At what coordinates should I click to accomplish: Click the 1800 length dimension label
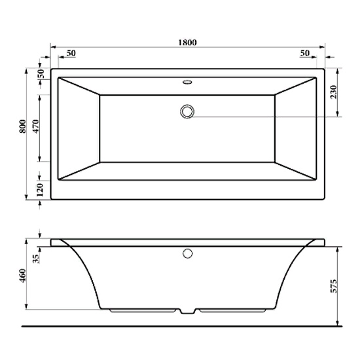(x=188, y=43)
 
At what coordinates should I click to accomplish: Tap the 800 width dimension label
(x=23, y=126)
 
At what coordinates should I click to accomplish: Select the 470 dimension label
(x=36, y=126)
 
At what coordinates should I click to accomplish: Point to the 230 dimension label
(x=333, y=92)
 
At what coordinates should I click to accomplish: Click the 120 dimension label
(x=40, y=190)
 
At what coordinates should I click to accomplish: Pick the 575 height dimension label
(x=333, y=286)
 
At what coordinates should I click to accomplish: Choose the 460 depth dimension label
(x=23, y=276)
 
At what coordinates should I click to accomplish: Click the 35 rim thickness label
(x=36, y=259)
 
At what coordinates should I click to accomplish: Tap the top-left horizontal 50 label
(x=71, y=53)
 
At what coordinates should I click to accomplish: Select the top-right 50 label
(x=304, y=53)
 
